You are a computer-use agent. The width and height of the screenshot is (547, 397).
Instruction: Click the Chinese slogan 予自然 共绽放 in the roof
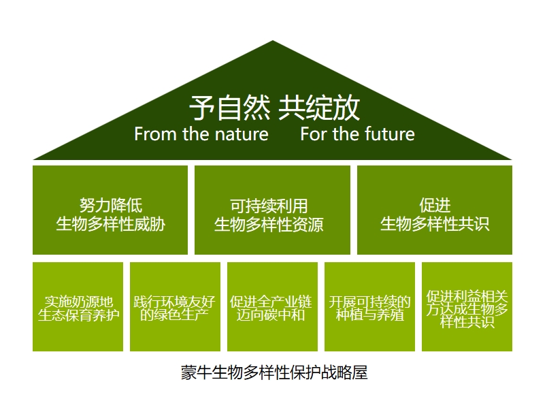tap(275, 108)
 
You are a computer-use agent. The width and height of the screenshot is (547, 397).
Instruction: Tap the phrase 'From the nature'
tap(201, 134)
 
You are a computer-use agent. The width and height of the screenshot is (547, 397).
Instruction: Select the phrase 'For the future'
tap(358, 134)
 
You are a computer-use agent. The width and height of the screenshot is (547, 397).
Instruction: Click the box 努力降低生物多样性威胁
tap(110, 210)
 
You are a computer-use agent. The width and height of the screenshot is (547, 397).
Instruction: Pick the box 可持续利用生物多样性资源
tap(272, 210)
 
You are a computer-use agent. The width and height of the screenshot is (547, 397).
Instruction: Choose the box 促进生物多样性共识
tap(435, 210)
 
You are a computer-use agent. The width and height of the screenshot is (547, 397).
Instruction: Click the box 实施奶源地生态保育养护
tap(78, 306)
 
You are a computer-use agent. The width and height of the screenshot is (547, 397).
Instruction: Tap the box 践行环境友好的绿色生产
tap(175, 306)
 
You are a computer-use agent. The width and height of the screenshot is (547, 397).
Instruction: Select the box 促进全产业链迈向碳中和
tap(272, 306)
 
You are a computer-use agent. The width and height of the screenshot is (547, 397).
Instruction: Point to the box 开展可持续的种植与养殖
tap(370, 306)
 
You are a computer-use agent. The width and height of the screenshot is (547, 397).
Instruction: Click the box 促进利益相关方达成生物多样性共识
tap(467, 306)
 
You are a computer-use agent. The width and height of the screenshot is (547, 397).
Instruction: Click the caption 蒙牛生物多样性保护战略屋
tap(274, 372)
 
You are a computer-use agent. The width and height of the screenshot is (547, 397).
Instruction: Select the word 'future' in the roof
tap(389, 134)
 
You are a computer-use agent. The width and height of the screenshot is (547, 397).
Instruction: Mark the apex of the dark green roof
tap(273, 41)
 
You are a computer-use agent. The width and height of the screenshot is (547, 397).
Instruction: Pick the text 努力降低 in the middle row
tap(111, 205)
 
